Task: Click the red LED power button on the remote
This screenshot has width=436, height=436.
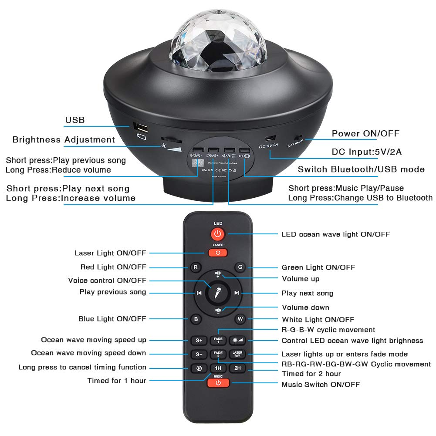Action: point(218,234)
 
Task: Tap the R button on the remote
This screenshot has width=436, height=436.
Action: point(196,267)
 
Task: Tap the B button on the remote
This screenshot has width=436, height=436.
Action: point(196,319)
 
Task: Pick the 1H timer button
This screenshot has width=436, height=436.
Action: point(217,368)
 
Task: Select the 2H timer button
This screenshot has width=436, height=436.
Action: point(237,368)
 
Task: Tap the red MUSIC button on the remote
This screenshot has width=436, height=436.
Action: point(218,383)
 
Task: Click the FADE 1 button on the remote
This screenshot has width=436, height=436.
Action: point(218,340)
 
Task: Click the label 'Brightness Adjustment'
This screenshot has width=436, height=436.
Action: point(64,140)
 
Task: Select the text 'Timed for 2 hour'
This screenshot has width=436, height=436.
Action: point(311,374)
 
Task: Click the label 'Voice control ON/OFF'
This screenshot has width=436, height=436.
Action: point(107,281)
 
